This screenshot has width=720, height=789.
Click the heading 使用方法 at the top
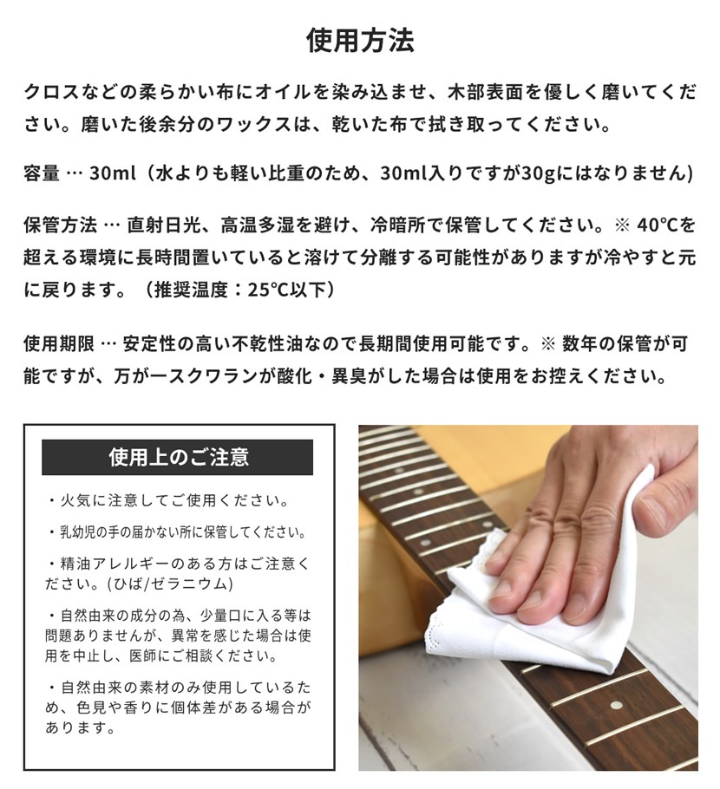click(x=360, y=41)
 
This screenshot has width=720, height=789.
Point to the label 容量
click(x=43, y=174)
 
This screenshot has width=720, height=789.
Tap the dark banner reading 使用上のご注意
click(x=178, y=457)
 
